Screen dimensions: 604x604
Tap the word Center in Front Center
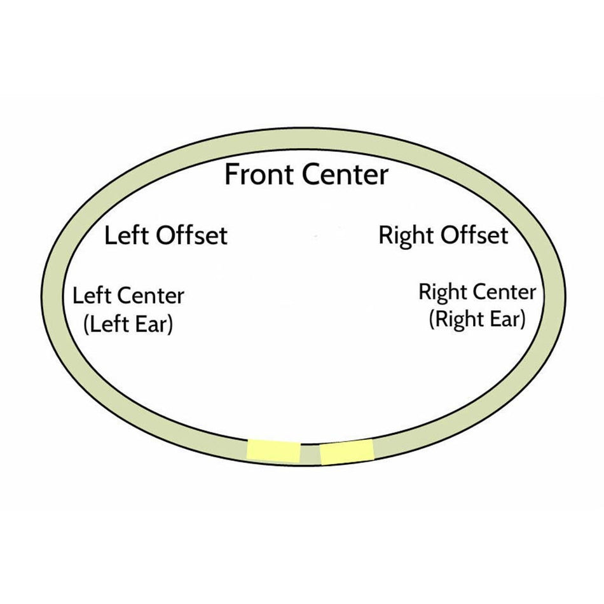click(x=345, y=174)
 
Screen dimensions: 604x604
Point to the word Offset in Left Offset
click(x=191, y=235)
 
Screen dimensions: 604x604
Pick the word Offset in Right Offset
click(x=474, y=235)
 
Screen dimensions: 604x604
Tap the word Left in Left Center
click(x=92, y=296)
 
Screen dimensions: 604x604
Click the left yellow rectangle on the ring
click(x=273, y=451)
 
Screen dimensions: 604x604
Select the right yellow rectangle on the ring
click(x=347, y=452)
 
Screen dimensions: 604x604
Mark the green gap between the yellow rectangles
click(x=310, y=454)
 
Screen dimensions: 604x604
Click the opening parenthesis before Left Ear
click(x=86, y=325)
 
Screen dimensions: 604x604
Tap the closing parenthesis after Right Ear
click(x=523, y=320)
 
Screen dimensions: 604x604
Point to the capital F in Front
click(x=231, y=174)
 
